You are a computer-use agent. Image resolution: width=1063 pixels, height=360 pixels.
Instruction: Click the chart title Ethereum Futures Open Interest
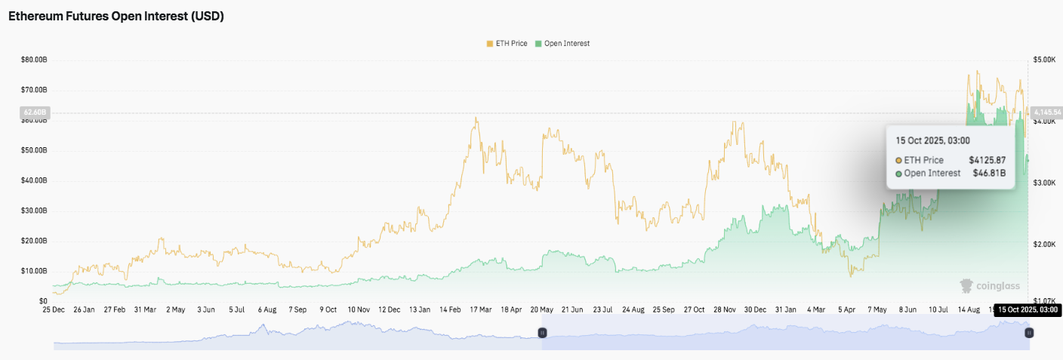[116, 16]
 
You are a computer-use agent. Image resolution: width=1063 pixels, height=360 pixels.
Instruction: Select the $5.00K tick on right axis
[1044, 59]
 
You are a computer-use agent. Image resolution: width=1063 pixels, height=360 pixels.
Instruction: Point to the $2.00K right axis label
[1044, 245]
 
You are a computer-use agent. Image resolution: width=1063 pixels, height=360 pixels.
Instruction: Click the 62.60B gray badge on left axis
[33, 112]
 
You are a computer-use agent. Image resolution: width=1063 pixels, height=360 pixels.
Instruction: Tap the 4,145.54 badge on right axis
[1046, 112]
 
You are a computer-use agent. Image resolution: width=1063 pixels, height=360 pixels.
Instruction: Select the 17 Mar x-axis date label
[480, 309]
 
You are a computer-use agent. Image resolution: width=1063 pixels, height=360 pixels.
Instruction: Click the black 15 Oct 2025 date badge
[1028, 309]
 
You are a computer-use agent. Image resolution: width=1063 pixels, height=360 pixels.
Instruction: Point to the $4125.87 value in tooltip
[988, 160]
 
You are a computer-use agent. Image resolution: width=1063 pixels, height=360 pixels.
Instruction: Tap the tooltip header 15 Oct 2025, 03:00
[932, 140]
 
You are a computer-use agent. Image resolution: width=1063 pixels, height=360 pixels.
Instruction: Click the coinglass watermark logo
[990, 286]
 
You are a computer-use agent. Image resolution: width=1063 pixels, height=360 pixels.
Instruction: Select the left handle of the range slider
[541, 333]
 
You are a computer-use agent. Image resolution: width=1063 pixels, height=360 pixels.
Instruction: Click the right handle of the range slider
[1028, 333]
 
